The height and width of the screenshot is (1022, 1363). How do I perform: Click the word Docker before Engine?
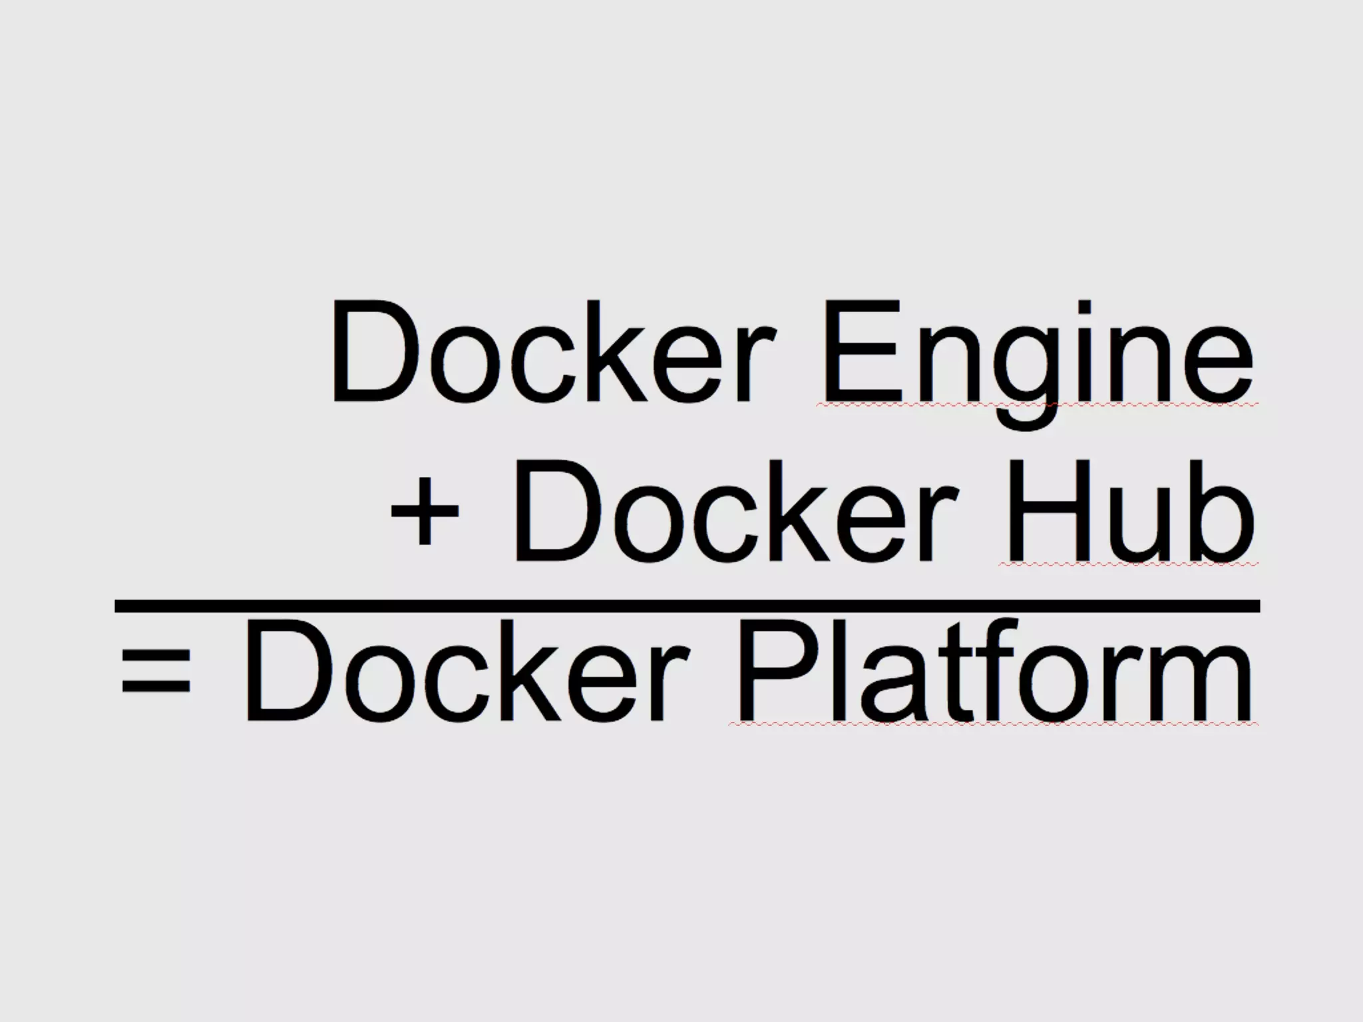coord(552,353)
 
